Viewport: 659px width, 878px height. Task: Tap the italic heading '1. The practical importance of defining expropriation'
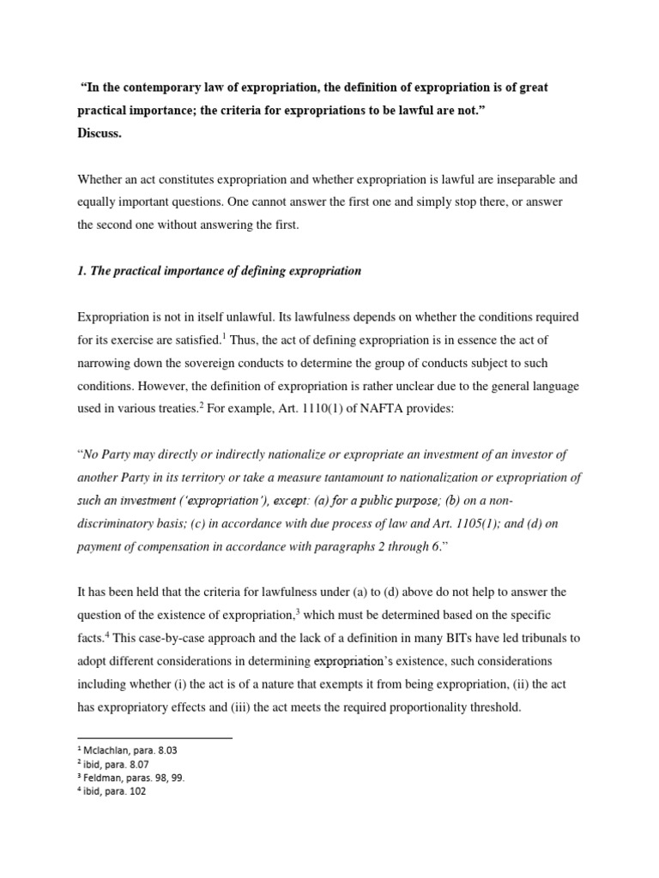(219, 271)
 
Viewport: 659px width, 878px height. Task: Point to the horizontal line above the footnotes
(154, 737)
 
